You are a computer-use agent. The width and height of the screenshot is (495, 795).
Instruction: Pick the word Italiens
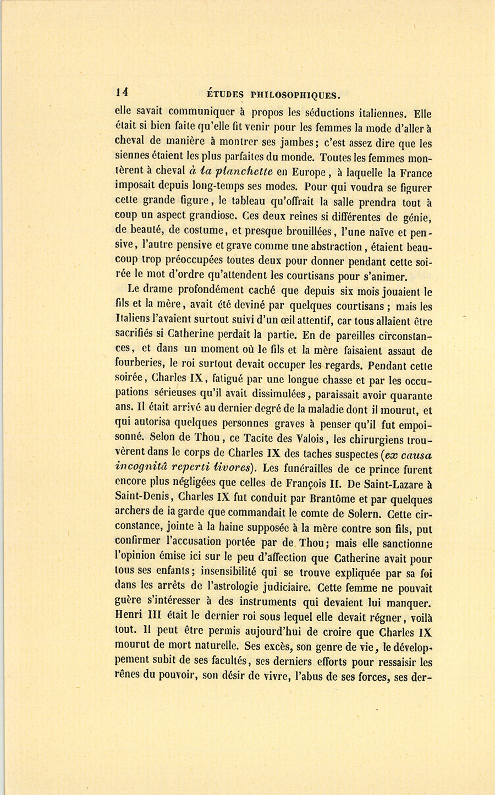tap(135, 320)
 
